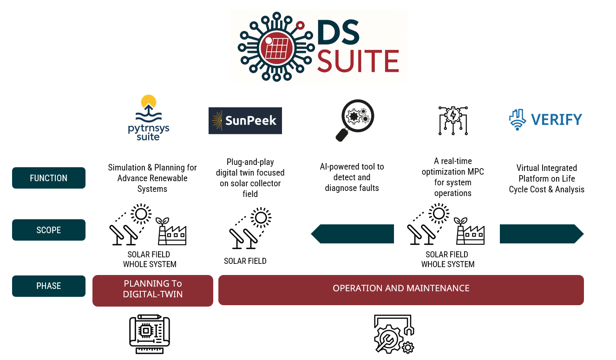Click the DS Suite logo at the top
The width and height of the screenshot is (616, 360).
click(x=319, y=46)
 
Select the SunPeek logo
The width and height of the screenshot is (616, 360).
click(x=245, y=121)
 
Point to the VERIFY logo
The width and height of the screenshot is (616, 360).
click(x=545, y=120)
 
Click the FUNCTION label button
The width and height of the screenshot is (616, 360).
click(x=49, y=178)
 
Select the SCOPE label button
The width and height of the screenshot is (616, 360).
click(x=49, y=230)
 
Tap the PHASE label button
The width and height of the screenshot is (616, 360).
click(x=49, y=286)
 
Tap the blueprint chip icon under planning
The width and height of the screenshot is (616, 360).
click(x=150, y=334)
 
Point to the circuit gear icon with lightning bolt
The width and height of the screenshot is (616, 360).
click(x=453, y=121)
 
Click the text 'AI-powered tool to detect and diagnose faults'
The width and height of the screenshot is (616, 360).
click(x=352, y=177)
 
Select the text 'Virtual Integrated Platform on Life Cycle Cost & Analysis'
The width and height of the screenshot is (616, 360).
click(x=547, y=179)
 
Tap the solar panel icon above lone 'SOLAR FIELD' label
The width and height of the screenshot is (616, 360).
click(x=250, y=228)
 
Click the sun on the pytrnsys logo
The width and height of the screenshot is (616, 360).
click(x=149, y=101)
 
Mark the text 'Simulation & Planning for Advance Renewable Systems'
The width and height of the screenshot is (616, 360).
click(x=152, y=178)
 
